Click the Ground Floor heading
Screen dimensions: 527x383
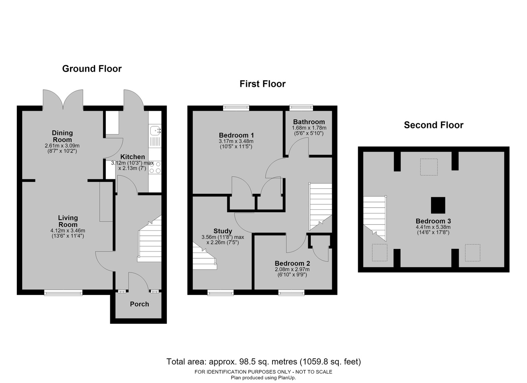click(92, 69)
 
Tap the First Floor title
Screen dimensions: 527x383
click(263, 84)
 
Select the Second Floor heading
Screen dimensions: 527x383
click(434, 125)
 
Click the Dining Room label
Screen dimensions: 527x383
click(62, 136)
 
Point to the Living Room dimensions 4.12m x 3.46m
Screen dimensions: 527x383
click(68, 231)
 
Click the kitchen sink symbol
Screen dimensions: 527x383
click(155, 131)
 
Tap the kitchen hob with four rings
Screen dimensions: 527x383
click(155, 167)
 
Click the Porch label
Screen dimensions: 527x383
click(140, 304)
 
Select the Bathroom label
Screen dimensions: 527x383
click(309, 122)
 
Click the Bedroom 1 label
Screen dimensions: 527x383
click(236, 135)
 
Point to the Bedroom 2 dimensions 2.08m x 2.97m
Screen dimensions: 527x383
click(292, 269)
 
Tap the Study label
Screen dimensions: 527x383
click(223, 231)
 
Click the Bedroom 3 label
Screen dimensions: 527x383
click(434, 221)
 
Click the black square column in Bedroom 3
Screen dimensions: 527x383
click(438, 205)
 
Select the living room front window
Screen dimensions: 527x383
click(63, 292)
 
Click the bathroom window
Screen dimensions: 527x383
click(301, 108)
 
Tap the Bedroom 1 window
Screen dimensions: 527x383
click(236, 108)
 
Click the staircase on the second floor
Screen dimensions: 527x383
click(375, 219)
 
